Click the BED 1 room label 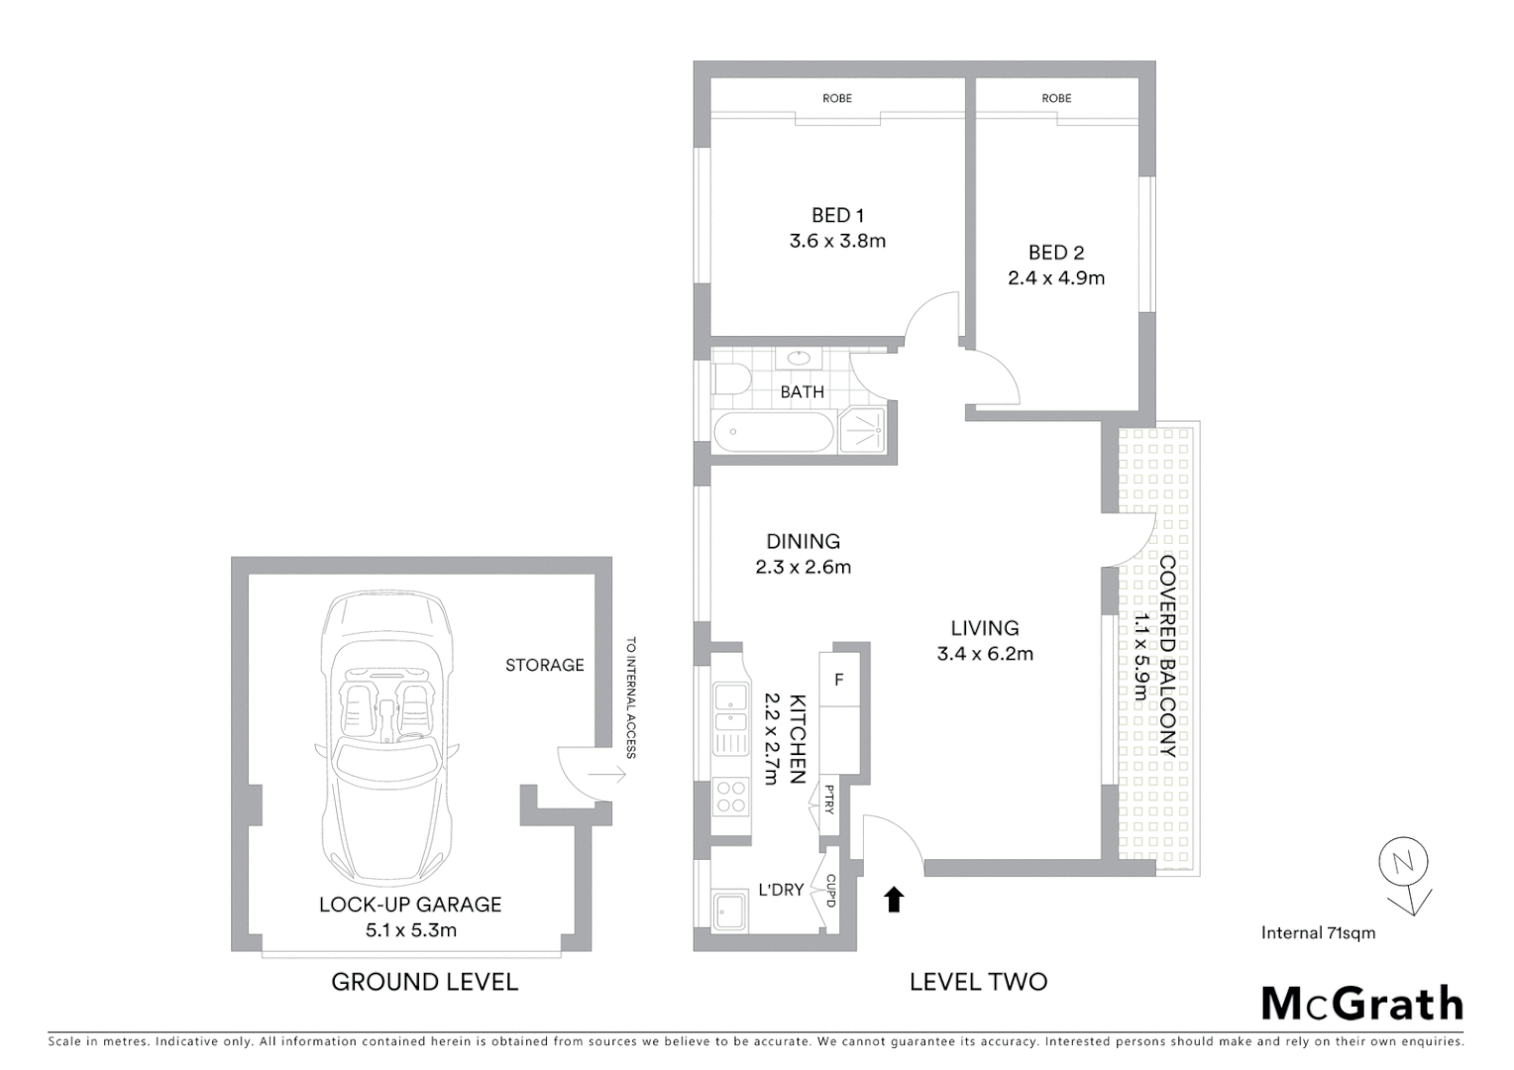837,215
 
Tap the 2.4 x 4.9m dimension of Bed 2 1056,278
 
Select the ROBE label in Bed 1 837,98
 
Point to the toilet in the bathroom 730,380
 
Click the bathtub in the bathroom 773,433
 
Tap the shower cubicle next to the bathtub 867,429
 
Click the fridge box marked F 839,681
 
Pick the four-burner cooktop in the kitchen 731,796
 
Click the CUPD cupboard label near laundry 830,890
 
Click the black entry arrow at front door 894,899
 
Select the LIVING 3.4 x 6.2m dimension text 985,654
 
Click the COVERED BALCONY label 1167,656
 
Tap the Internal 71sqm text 1318,932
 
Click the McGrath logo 1362,1004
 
